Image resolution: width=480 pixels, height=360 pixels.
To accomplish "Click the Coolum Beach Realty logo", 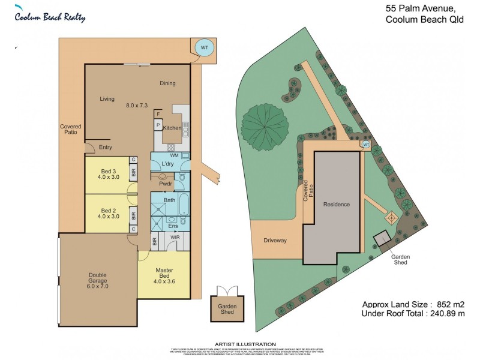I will pos(50,16).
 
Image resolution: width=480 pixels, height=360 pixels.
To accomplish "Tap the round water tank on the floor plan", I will pos(204,47).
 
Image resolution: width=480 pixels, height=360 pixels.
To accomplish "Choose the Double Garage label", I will pos(98,280).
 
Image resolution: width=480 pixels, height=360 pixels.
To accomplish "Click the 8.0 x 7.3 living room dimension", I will pos(137,106).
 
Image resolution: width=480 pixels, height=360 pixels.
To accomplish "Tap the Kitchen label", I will pos(172,128).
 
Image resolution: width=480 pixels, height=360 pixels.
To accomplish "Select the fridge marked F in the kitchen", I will pos(158,113).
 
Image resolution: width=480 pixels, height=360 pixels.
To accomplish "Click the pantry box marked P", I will pos(158,125).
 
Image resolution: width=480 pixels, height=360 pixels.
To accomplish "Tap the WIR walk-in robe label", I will pos(175,238).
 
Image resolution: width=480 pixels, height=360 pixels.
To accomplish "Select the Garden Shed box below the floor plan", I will pos(227,310).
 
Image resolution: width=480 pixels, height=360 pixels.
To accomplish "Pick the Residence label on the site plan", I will pos(336,205).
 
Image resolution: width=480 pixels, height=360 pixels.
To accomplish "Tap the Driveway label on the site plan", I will pos(275,240).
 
